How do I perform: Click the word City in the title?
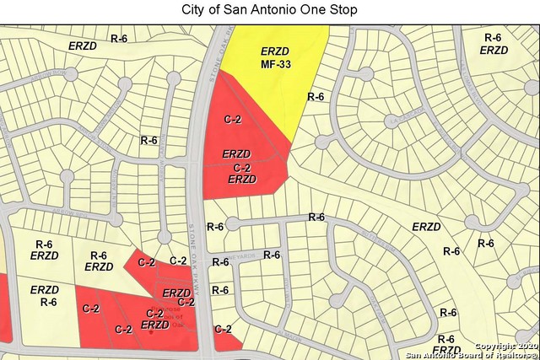[x=196, y=10]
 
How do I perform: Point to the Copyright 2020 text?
[x=504, y=346]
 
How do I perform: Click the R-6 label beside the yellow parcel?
[x=316, y=97]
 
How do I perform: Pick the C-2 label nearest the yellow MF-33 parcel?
[x=232, y=119]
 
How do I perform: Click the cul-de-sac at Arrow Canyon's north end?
[x=174, y=78]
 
